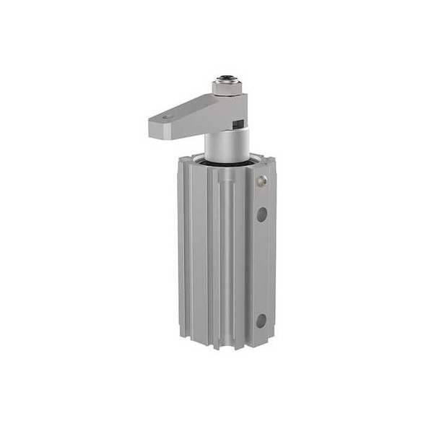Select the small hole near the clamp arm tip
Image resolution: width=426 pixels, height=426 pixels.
[x=168, y=116]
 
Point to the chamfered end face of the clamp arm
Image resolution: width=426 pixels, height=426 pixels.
[x=155, y=129]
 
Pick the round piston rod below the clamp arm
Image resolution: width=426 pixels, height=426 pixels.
[x=227, y=144]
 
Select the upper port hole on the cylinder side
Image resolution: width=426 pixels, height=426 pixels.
[x=261, y=214]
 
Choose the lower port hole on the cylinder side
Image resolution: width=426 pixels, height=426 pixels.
[x=261, y=320]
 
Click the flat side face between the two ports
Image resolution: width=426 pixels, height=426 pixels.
[x=261, y=267]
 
